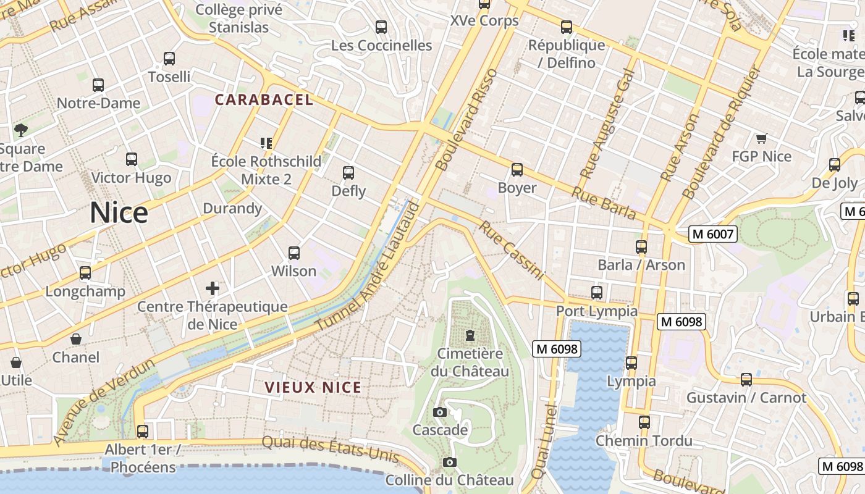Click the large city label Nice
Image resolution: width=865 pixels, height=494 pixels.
(119, 213)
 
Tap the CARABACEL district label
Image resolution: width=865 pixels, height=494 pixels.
(264, 99)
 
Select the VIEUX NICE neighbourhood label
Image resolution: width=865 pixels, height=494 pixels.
(313, 387)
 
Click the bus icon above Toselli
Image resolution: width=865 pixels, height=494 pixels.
(169, 59)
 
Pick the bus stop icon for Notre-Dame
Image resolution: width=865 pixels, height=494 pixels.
(98, 85)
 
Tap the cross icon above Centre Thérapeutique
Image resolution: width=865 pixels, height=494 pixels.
(213, 288)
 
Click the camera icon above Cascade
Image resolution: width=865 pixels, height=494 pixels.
(440, 412)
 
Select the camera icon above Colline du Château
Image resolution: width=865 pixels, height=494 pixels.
(450, 462)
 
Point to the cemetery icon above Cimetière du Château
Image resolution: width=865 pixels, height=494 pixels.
(470, 335)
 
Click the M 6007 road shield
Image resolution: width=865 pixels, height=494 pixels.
(713, 234)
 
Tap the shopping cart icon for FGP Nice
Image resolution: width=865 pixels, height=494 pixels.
(761, 138)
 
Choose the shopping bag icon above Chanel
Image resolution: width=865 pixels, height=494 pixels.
(75, 339)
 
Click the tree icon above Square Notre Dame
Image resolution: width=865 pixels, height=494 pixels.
(21, 130)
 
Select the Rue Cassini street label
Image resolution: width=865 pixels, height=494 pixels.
(512, 251)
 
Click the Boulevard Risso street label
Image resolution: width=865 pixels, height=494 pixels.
(466, 120)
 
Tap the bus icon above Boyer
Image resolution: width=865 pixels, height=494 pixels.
(517, 169)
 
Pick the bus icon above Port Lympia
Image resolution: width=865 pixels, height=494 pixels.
(597, 293)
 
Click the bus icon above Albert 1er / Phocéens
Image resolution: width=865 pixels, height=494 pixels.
(143, 431)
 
